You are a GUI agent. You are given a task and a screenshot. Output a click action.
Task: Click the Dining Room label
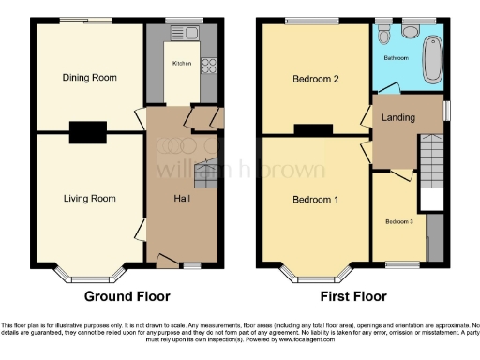[x=90, y=77]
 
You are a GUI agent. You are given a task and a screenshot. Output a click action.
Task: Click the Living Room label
[x=90, y=198]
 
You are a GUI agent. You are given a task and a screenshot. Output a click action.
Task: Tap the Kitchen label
[x=182, y=64]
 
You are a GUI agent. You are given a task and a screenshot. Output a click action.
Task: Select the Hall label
[x=184, y=198]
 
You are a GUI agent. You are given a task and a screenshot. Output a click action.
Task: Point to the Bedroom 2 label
[x=316, y=79]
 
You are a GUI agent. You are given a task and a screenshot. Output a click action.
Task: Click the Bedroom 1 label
[x=316, y=200]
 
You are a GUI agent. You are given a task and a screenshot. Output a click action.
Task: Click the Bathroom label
[x=396, y=57]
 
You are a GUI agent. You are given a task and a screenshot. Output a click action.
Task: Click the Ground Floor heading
[x=127, y=296]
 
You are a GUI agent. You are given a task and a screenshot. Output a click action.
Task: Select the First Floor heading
[x=353, y=296]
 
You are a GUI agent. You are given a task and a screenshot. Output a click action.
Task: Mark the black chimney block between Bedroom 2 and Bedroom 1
[x=314, y=130]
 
